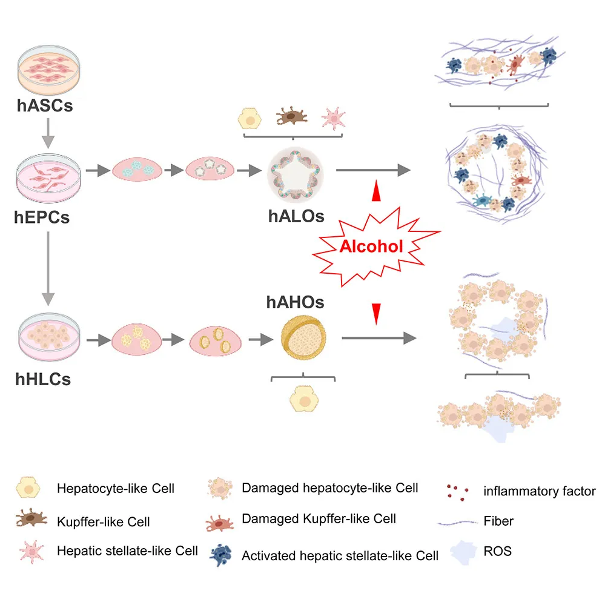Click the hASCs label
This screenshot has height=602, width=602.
coord(45,105)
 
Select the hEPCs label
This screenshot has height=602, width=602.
coord(42,216)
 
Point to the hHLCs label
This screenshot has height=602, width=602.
coord(43,379)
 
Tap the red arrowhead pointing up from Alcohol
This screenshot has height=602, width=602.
coord(377,191)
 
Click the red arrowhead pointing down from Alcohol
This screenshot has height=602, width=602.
coord(377,313)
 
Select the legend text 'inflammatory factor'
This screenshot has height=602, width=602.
coord(539,491)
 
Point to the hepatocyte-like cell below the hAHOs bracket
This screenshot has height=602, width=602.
coord(302,400)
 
